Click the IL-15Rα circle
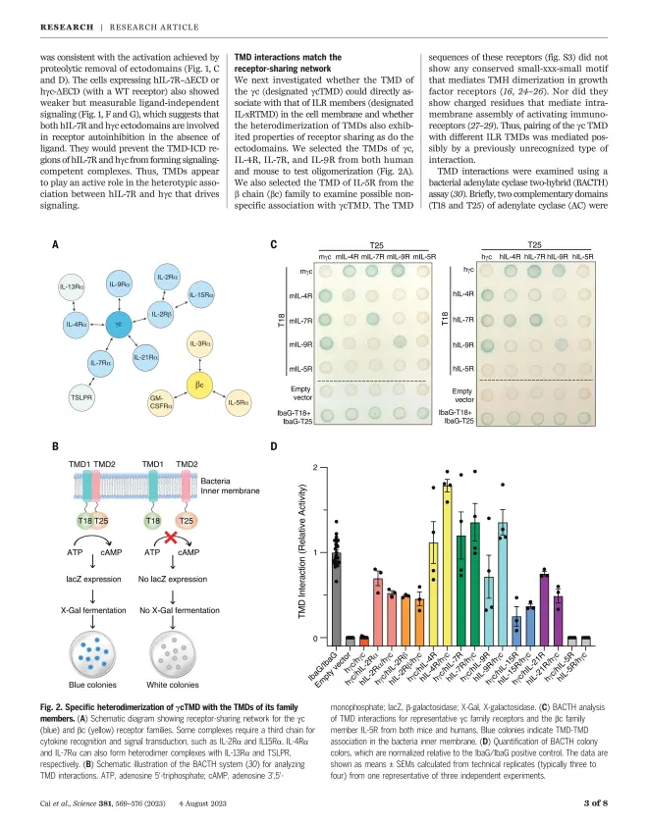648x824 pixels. pyautogui.click(x=200, y=293)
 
